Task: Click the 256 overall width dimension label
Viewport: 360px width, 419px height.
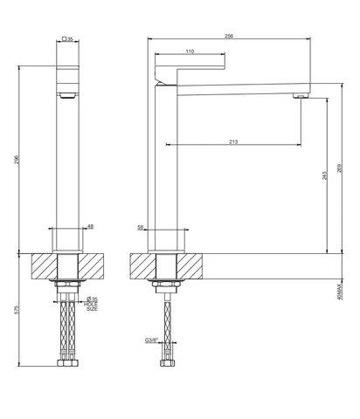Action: pyautogui.click(x=229, y=36)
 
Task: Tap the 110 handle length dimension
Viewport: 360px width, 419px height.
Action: pyautogui.click(x=190, y=52)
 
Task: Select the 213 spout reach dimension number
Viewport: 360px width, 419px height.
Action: pyautogui.click(x=233, y=141)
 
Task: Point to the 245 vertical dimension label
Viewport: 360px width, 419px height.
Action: pyautogui.click(x=325, y=175)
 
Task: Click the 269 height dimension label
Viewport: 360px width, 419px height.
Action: pyautogui.click(x=339, y=168)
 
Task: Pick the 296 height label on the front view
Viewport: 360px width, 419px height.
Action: pyautogui.click(x=17, y=160)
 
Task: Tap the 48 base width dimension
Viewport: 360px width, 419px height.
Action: pyautogui.click(x=91, y=226)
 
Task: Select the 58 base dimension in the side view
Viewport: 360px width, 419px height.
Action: pyautogui.click(x=141, y=228)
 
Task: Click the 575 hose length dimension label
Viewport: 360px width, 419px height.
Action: pyautogui.click(x=17, y=310)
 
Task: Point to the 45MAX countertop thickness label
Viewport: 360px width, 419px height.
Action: pyautogui.click(x=339, y=292)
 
